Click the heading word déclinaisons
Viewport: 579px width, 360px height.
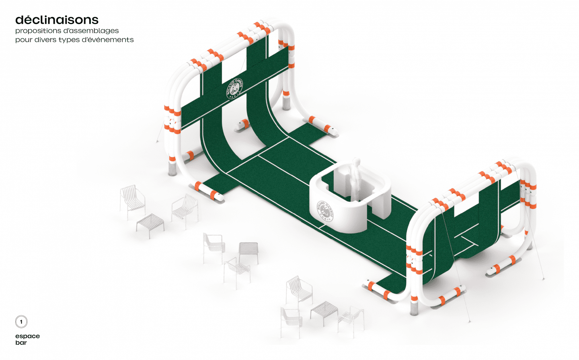tap(57, 20)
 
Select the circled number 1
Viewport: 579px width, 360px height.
tap(21, 322)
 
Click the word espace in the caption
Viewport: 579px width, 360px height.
tap(27, 336)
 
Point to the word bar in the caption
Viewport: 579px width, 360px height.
tap(21, 343)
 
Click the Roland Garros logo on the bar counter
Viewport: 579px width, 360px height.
tap(325, 211)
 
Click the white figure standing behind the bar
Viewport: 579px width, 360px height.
tap(355, 178)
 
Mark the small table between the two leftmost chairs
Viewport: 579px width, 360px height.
tap(150, 223)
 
